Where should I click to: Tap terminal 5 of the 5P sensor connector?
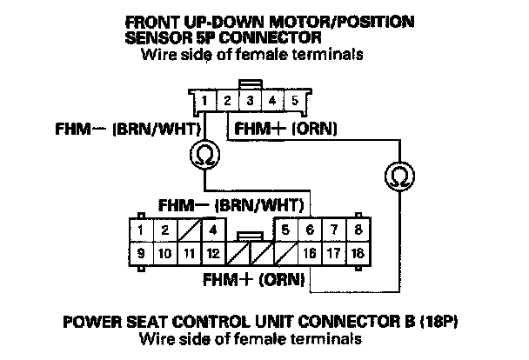click(295, 101)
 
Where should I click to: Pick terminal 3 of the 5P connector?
click(249, 101)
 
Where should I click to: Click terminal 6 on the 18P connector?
click(310, 230)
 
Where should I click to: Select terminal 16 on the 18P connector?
click(310, 255)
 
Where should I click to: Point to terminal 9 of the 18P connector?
click(140, 255)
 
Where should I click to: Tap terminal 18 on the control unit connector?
click(357, 255)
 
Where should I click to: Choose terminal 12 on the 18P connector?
click(211, 255)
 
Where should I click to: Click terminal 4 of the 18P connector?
click(211, 230)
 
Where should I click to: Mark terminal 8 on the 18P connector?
click(357, 230)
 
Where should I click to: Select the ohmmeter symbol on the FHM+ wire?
click(399, 177)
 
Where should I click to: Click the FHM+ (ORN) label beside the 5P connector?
click(282, 129)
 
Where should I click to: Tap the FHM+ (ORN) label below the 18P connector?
click(252, 281)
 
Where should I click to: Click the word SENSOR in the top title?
click(156, 39)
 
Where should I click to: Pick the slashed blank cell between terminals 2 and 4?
click(187, 230)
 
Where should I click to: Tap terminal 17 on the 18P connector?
click(333, 255)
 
